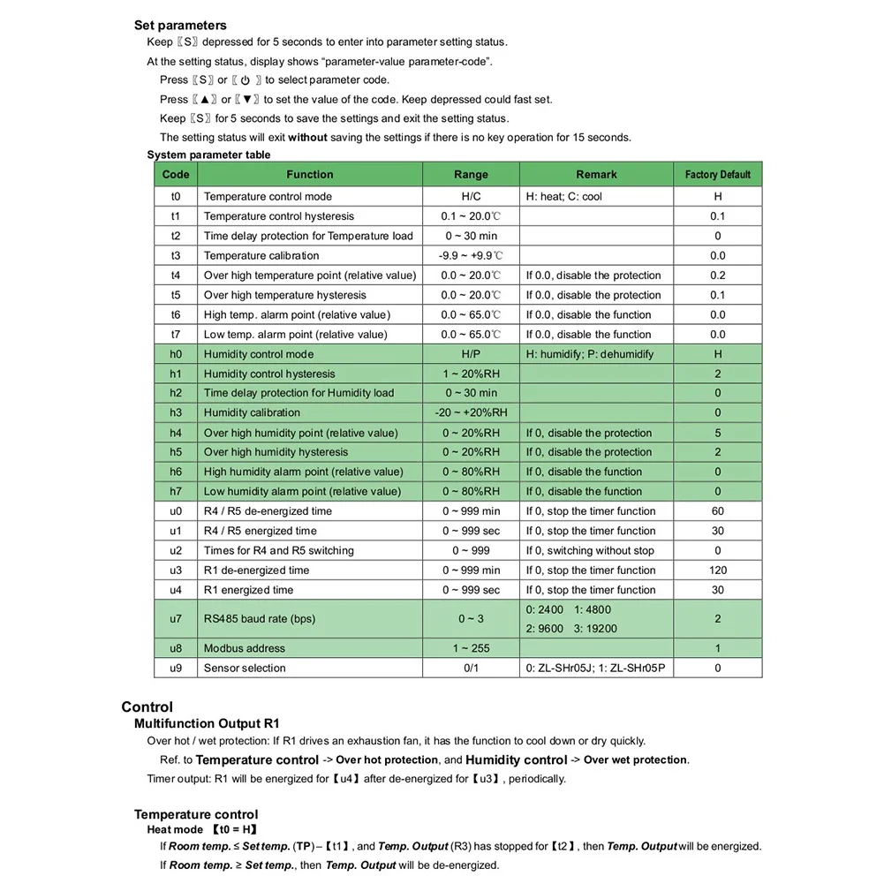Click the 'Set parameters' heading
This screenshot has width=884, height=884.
pos(180,26)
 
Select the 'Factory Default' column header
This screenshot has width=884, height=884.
pos(717,175)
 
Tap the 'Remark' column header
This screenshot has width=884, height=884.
pos(596,175)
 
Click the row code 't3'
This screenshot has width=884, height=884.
pos(176,256)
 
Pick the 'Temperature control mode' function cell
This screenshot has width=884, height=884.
pos(268,197)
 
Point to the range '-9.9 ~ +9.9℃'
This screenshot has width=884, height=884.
pos(471,256)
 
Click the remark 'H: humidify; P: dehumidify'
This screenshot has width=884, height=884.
pos(590,354)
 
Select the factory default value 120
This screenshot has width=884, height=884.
pos(717,570)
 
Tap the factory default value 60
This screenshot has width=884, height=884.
pos(717,511)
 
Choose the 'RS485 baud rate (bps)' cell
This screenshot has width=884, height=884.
pos(259,619)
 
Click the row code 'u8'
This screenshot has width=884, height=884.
pos(176,648)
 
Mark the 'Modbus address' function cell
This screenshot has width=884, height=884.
pos(245,648)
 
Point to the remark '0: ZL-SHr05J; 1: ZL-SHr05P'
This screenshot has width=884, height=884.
pos(595,669)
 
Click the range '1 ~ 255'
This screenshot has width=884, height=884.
pos(471,648)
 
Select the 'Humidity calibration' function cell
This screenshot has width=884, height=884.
pos(252,412)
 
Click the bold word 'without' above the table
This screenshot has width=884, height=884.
pos(307,138)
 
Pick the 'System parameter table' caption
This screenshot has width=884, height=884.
pos(208,155)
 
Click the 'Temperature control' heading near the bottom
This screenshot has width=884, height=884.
pos(196,815)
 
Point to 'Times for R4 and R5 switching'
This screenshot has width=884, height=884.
pos(278,551)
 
